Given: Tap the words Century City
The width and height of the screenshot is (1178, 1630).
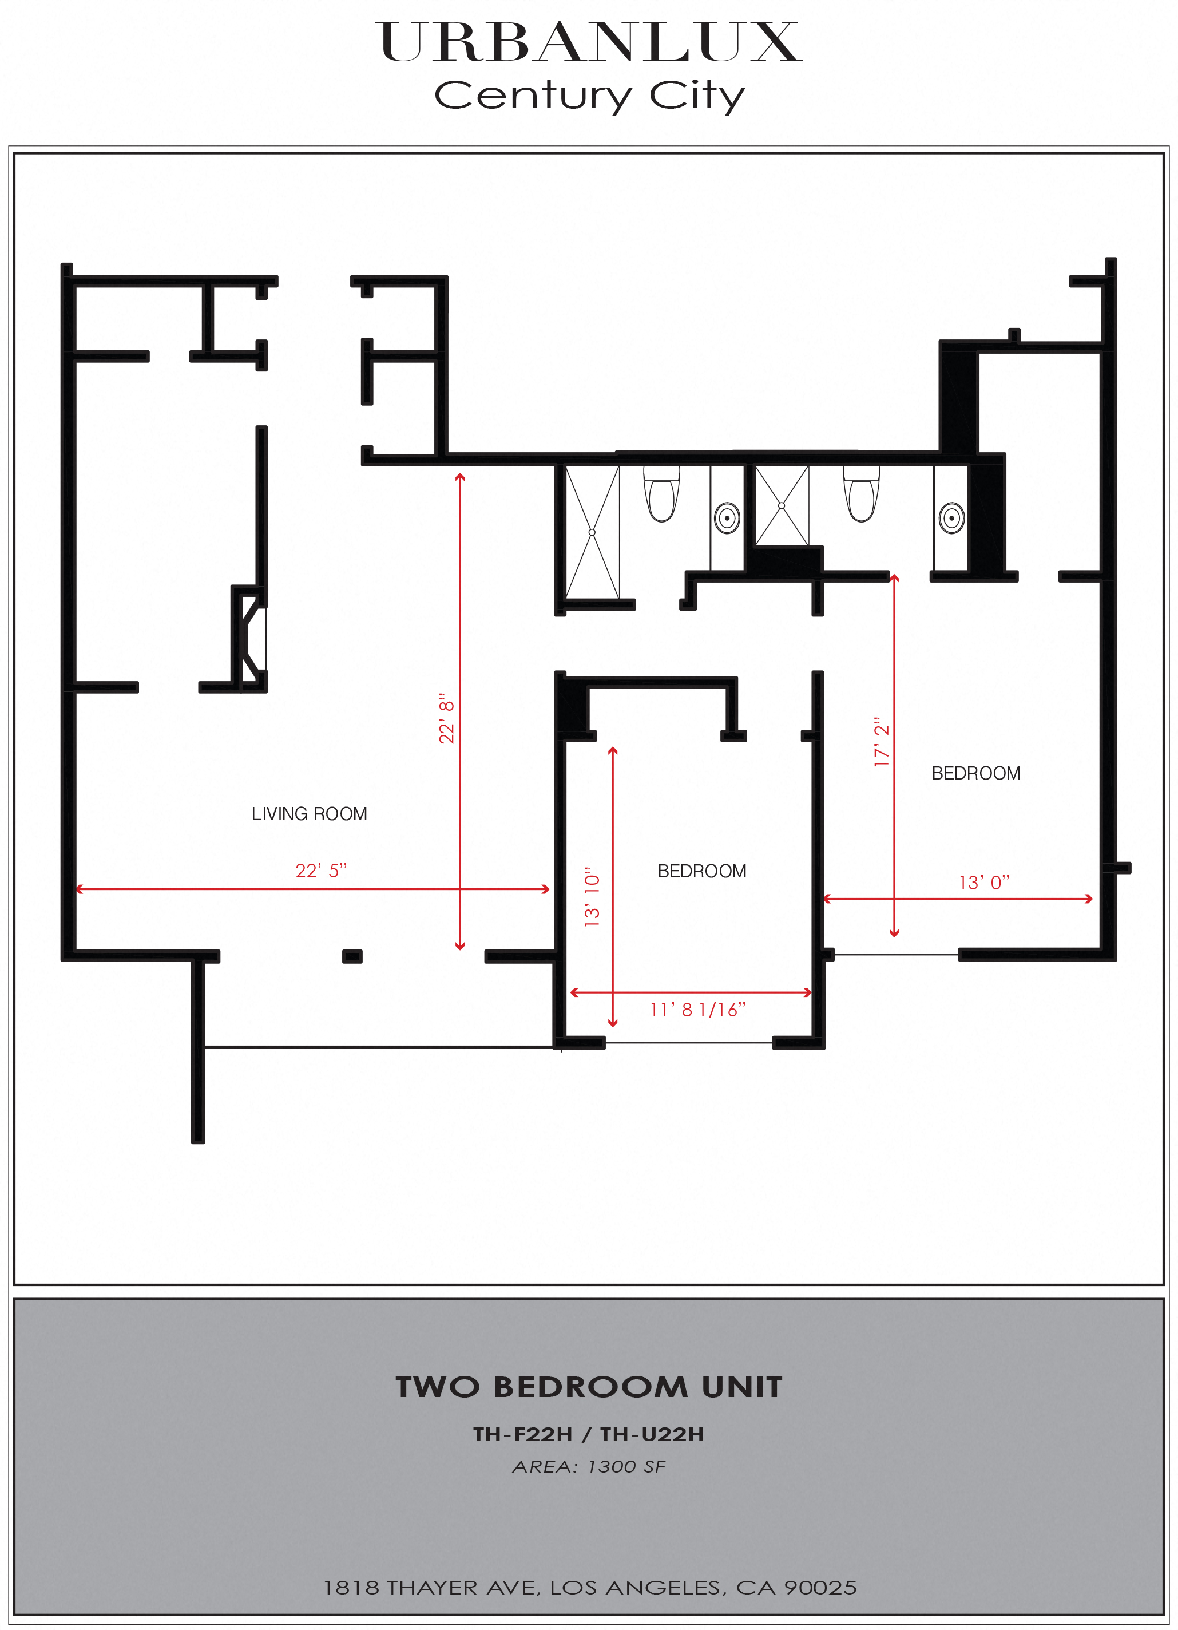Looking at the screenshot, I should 589,96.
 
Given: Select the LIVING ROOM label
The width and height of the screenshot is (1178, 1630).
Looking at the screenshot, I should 309,813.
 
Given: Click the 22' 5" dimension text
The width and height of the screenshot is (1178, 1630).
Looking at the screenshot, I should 321,871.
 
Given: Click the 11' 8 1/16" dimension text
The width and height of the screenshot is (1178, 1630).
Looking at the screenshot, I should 697,1010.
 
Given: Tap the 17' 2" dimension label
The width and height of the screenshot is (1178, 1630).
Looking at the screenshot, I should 881,742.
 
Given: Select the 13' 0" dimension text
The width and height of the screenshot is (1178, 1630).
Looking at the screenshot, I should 984,883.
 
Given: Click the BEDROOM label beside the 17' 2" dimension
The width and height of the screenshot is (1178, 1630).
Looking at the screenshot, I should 975,773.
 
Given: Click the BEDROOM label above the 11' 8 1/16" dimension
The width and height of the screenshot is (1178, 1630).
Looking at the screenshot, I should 702,871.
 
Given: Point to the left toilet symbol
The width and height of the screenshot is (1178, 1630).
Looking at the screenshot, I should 661,494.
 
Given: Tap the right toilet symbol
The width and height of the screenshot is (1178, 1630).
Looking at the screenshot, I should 861,494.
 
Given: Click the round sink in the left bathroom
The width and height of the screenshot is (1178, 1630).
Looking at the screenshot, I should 727,517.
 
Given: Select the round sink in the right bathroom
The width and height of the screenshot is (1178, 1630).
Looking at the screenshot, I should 952,517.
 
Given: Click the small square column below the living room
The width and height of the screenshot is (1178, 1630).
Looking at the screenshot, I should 352,956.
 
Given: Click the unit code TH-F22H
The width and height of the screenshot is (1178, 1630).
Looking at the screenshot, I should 523,1434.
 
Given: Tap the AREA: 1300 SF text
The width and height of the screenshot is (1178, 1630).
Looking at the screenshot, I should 589,1467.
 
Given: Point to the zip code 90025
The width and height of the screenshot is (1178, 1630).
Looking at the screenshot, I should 820,1588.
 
